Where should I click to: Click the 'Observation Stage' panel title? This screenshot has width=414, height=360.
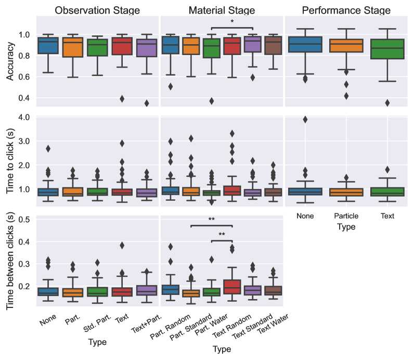pyautogui.click(x=97, y=10)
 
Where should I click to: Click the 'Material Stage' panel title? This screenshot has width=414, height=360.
pyautogui.click(x=222, y=10)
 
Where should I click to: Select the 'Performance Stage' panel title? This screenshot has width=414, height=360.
pyautogui.click(x=346, y=10)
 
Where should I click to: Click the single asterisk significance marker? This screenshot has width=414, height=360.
pyautogui.click(x=232, y=22)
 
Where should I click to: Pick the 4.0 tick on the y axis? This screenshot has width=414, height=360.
pyautogui.click(x=23, y=117)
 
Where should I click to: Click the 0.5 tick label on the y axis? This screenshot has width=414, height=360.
pyautogui.click(x=23, y=220)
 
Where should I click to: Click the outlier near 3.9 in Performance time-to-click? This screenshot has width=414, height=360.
pyautogui.click(x=305, y=119)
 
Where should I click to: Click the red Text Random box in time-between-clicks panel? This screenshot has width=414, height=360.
pyautogui.click(x=232, y=287)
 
